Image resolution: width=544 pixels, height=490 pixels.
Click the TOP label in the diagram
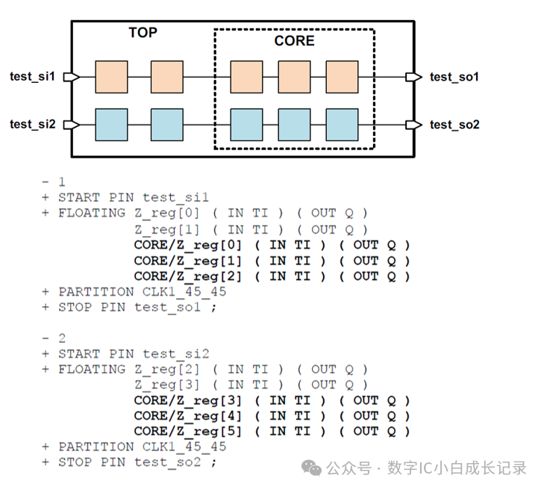143,32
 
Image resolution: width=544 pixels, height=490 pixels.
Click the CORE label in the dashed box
294,41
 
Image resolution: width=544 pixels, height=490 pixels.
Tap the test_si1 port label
32,76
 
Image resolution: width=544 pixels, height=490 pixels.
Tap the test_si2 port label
32,124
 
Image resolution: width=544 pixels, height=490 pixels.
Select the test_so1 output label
454,77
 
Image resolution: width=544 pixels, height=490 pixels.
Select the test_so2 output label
454,124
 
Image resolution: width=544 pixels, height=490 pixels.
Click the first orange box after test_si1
111,77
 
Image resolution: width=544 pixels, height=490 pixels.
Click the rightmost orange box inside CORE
343,77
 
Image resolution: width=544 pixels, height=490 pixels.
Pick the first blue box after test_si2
111,124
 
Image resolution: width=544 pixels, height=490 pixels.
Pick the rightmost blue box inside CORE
343,124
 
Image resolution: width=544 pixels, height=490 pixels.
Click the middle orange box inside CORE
294,77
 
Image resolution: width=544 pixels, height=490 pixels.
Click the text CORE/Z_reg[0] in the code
188,245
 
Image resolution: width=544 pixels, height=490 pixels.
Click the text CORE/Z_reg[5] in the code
188,431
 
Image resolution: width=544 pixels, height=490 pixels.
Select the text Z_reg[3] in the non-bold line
168,385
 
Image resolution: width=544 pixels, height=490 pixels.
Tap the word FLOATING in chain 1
92,213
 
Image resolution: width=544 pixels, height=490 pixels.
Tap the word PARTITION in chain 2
96,447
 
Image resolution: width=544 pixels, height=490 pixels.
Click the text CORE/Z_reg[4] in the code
188,415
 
